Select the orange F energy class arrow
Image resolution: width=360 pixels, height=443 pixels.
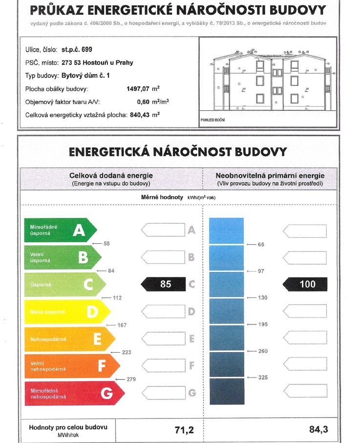point(71,366)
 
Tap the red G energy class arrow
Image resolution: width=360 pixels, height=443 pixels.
point(74,393)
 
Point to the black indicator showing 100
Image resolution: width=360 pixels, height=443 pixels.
point(305,284)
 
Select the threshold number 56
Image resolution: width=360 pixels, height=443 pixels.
point(106,243)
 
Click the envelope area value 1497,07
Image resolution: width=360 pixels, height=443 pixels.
point(138,89)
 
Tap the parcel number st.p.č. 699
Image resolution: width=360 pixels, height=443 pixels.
point(77,49)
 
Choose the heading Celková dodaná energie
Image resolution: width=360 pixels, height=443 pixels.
point(111,175)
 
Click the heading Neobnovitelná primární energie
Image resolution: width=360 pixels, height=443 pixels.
point(270,175)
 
